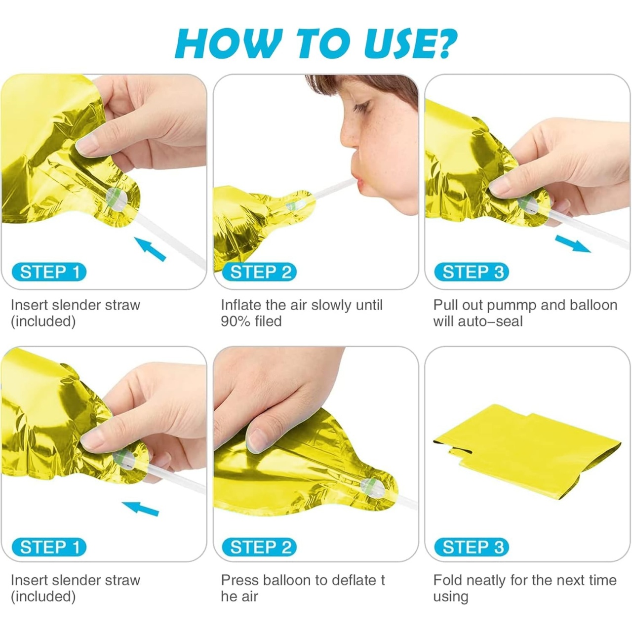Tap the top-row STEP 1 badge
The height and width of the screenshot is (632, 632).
pos(49,272)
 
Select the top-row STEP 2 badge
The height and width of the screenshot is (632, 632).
pos(259,272)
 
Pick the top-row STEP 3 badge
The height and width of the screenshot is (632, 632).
pos(472,272)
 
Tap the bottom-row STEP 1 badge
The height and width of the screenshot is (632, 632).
pos(49,547)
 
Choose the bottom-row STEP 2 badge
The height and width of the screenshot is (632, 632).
pos(259,547)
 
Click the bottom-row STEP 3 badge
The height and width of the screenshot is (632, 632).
pos(472,547)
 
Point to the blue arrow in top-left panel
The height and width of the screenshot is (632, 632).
pos(150,249)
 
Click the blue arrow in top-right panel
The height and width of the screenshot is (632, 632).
pos(573,244)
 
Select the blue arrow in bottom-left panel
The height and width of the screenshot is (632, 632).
pos(140,509)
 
